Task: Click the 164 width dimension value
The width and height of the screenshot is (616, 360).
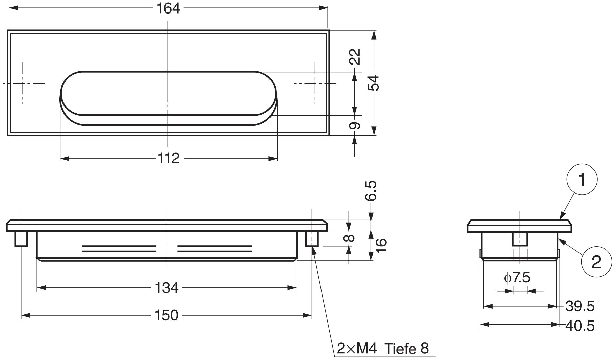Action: (x=168, y=8)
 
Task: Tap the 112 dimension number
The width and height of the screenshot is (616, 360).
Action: (x=169, y=158)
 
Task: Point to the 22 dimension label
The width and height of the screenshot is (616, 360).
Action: (x=355, y=56)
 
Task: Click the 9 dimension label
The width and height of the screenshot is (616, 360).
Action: (x=355, y=126)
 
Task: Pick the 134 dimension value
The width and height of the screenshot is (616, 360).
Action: (x=166, y=288)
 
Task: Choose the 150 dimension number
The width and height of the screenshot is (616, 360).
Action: (x=166, y=315)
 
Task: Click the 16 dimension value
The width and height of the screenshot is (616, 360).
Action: (x=380, y=246)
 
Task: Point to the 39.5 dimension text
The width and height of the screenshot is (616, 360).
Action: (x=580, y=306)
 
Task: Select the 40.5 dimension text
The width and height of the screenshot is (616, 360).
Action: (x=580, y=326)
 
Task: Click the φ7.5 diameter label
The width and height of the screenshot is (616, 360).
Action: (x=517, y=278)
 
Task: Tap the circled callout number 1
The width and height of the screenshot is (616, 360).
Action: (x=582, y=179)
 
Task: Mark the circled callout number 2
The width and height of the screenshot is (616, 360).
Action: (x=596, y=262)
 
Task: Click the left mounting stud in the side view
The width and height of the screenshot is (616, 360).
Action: (x=21, y=239)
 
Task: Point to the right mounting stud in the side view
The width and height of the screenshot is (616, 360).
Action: (x=312, y=239)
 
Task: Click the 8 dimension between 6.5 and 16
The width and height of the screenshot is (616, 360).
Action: (x=351, y=238)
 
